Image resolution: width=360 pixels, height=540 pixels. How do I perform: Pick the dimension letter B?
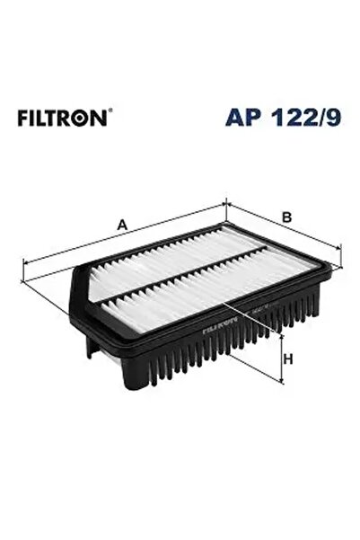pyautogui.click(x=287, y=217)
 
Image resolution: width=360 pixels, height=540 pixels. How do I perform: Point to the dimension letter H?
pyautogui.click(x=288, y=360)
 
